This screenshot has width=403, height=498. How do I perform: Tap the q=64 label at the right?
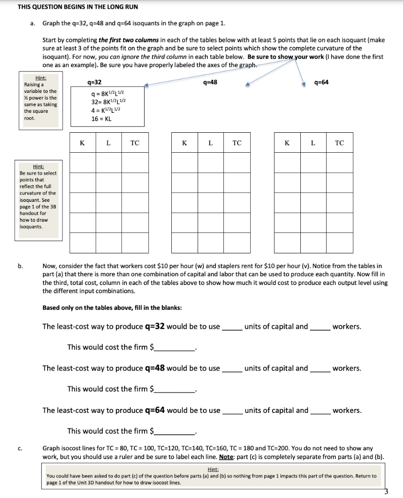[322, 82]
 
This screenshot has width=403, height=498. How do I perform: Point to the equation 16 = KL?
[101, 119]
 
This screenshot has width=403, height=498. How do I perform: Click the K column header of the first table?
[82, 143]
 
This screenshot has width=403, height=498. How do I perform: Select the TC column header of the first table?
[135, 143]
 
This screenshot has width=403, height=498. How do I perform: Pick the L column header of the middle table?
[210, 143]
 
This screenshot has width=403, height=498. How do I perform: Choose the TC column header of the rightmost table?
[339, 143]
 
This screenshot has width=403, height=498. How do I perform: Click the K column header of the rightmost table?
[287, 143]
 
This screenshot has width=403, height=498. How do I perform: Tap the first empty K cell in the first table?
[82, 162]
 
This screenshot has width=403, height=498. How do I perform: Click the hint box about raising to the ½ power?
[40, 101]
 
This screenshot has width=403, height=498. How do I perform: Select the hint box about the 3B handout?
[37, 199]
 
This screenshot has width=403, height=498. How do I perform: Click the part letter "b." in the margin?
[20, 266]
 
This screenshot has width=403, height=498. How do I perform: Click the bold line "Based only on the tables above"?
[112, 308]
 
